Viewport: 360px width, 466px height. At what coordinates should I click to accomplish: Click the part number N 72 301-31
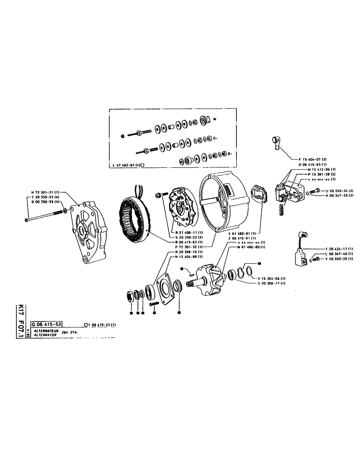coord(44,192)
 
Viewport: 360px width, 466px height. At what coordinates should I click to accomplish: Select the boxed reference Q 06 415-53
coord(46,323)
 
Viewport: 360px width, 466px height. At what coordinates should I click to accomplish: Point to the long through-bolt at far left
coord(44,215)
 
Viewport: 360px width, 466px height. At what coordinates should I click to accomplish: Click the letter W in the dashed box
coord(215,119)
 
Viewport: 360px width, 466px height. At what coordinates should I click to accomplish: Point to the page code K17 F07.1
coord(20,322)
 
